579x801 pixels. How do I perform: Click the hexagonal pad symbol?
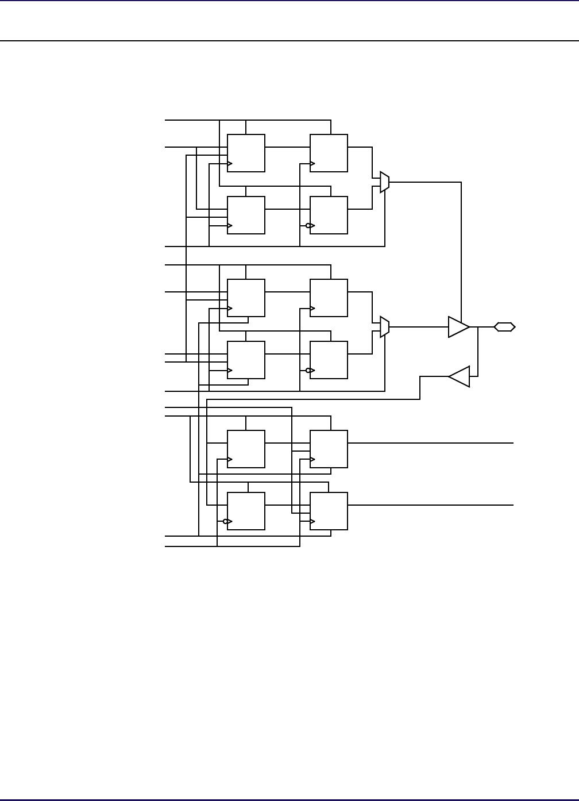click(x=504, y=327)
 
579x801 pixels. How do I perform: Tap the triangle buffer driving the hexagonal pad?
click(x=458, y=327)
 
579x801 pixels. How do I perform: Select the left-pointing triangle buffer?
click(x=460, y=376)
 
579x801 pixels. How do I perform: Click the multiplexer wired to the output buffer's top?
click(x=385, y=182)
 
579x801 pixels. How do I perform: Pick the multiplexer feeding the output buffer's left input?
click(x=385, y=327)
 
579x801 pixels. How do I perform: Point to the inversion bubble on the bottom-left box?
click(x=226, y=522)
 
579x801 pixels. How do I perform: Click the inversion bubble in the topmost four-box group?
click(x=308, y=225)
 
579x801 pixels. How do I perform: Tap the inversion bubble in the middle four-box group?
click(x=308, y=370)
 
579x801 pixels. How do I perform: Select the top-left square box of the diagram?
click(x=246, y=153)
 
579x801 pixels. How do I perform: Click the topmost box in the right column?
click(x=329, y=153)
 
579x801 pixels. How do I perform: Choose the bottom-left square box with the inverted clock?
click(x=246, y=511)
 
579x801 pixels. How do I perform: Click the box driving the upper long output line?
click(x=329, y=449)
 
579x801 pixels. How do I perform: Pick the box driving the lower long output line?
click(x=329, y=511)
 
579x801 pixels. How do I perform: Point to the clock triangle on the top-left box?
click(x=230, y=164)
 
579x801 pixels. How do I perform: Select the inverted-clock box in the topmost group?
click(x=329, y=215)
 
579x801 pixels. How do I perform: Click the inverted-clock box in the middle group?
click(x=329, y=360)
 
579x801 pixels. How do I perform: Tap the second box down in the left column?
click(x=246, y=215)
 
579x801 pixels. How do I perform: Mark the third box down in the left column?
click(x=246, y=298)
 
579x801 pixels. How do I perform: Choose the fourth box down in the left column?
click(x=246, y=360)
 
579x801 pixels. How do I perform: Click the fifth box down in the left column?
click(x=246, y=449)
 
